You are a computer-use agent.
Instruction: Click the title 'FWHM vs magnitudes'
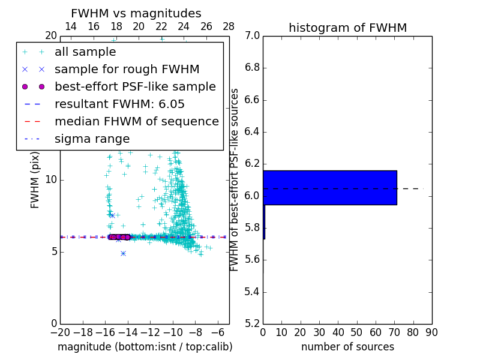pos(136,14)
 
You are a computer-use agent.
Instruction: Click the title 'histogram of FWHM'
pos(347,28)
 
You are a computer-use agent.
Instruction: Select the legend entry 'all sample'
pos(85,52)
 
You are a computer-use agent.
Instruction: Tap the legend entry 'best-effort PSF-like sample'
pos(135,86)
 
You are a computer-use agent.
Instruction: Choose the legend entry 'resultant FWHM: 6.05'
pos(119,104)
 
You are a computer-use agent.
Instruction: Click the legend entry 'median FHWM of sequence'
pos(136,121)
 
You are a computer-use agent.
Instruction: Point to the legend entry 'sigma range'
pos(92,139)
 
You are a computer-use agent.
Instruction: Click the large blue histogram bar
pos(329,188)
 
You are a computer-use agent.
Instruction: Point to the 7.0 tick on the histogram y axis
pos(252,36)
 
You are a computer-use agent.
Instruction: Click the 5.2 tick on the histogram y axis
pos(252,324)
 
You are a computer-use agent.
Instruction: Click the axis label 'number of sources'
pos(347,347)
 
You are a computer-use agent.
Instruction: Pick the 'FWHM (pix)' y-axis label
pos(35,180)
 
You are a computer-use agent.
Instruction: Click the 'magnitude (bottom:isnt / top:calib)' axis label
pos(145,347)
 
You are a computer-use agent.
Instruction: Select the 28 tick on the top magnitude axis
pos(229,26)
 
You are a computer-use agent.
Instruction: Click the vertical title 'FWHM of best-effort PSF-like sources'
pos(235,180)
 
